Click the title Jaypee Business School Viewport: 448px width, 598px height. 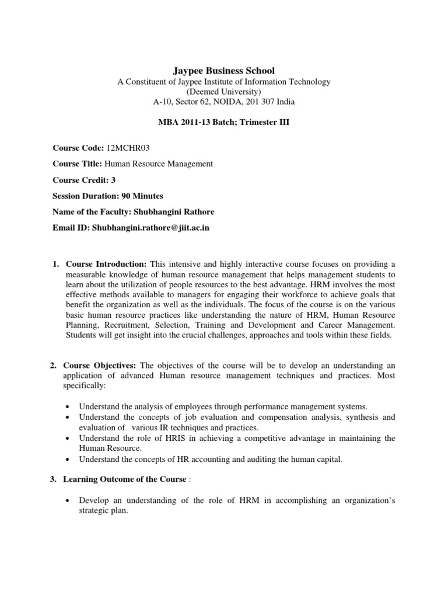click(x=224, y=71)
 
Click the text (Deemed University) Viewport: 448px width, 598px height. click(x=224, y=92)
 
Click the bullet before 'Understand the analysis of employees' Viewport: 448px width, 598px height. click(x=69, y=406)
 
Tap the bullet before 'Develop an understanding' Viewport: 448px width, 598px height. click(x=69, y=501)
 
